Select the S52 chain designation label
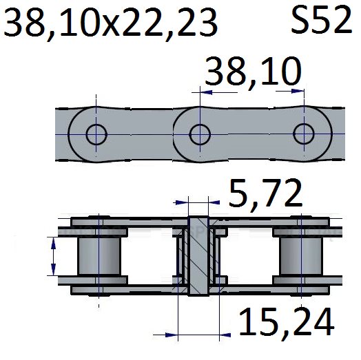coord(322,20)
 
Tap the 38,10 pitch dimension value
coord(253,72)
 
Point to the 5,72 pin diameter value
coord(265,193)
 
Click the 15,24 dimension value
coord(287,321)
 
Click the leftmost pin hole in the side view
coord(96,134)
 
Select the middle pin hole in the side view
coord(200,134)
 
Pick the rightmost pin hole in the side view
coord(304,134)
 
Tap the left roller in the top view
coord(99,256)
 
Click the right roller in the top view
coord(301,256)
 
